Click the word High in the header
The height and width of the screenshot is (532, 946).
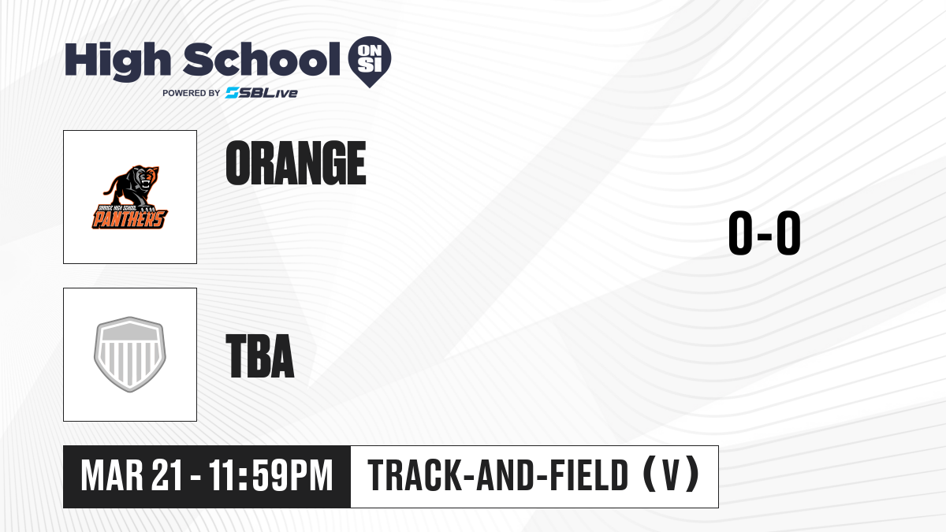click(117, 61)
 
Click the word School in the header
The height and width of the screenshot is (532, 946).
click(262, 59)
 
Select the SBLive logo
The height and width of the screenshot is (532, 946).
click(261, 93)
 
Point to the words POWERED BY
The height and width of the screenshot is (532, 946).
click(192, 93)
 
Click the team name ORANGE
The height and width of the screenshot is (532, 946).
click(296, 163)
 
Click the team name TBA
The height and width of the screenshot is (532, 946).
click(259, 355)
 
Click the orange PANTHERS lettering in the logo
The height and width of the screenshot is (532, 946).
click(129, 219)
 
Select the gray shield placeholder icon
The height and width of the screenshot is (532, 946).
click(130, 355)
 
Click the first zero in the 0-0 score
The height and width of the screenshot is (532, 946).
click(740, 233)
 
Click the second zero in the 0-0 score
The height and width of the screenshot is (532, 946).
click(788, 233)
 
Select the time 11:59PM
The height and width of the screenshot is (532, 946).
click(270, 476)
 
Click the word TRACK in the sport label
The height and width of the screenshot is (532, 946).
click(413, 476)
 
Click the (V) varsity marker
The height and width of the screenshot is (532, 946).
click(671, 475)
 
